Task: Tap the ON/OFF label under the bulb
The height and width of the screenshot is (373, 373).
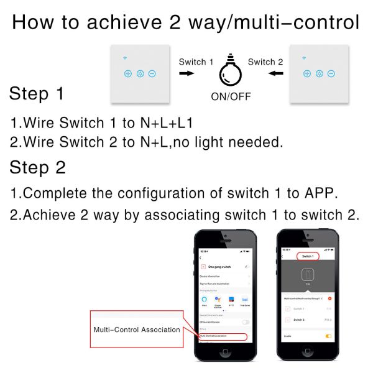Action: (x=231, y=97)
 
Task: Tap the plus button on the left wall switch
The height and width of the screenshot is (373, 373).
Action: (x=128, y=73)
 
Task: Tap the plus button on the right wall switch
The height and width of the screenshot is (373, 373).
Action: (x=306, y=73)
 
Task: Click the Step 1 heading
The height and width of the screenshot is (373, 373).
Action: (x=36, y=94)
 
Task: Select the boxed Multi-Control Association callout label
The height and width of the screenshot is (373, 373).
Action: (x=137, y=329)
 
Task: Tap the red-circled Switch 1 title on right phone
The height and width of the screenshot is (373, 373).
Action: (x=307, y=256)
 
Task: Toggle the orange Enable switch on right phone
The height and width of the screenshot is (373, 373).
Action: (x=328, y=336)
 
